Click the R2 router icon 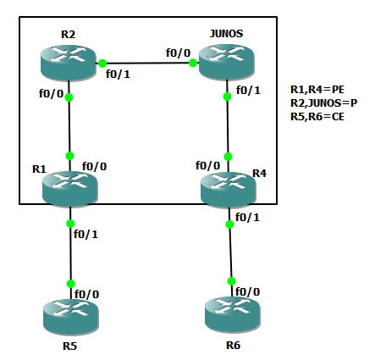click(x=69, y=62)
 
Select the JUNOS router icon click(x=227, y=62)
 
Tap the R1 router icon click(x=70, y=186)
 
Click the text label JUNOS click(x=225, y=33)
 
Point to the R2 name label click(x=69, y=34)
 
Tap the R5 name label click(x=69, y=346)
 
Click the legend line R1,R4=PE click(x=316, y=89)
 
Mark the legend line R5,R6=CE click(x=316, y=116)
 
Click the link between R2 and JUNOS click(x=147, y=63)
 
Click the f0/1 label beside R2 click(x=119, y=74)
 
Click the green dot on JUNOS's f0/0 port click(x=193, y=63)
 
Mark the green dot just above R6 click(x=229, y=281)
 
